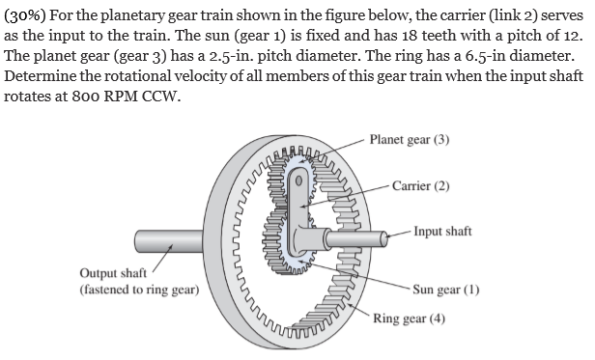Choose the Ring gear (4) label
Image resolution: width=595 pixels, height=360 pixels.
[x=409, y=318]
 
